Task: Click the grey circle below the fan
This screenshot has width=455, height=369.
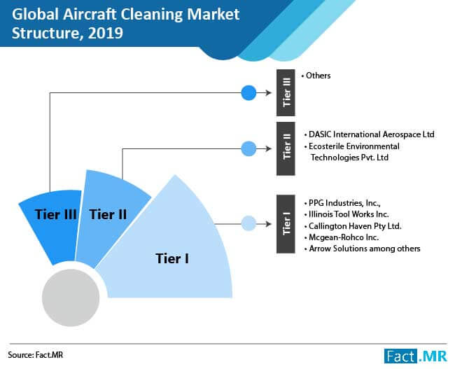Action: [x=71, y=298]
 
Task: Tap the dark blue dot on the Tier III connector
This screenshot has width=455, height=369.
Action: [x=248, y=93]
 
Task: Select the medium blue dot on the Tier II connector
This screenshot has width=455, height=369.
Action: [x=248, y=148]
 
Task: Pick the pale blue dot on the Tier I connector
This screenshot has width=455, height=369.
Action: [x=248, y=223]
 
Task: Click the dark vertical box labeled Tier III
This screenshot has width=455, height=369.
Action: [x=286, y=93]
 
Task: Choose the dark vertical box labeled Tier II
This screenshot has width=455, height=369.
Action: [x=286, y=148]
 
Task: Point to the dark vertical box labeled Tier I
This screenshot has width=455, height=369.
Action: [x=286, y=224]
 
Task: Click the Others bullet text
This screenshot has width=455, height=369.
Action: [x=316, y=76]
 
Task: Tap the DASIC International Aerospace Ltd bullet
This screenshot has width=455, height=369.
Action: [x=369, y=134]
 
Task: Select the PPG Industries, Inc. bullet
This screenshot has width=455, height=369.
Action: [x=342, y=203]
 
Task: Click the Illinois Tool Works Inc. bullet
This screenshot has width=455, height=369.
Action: [x=346, y=214]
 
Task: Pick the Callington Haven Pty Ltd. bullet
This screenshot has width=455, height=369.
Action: [x=353, y=226]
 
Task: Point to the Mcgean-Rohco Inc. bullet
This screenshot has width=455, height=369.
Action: [x=342, y=237]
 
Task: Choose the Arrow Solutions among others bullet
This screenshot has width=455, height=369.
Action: [x=362, y=249]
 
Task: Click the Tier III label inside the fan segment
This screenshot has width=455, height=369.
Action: [x=56, y=214]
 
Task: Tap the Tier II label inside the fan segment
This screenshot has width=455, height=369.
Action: [x=108, y=214]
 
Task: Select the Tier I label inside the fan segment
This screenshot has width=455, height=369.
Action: [x=172, y=258]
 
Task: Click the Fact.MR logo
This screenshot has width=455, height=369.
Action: [x=416, y=356]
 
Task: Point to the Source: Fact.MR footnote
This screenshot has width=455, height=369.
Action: [x=36, y=355]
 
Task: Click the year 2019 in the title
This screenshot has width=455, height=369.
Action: [x=106, y=33]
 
